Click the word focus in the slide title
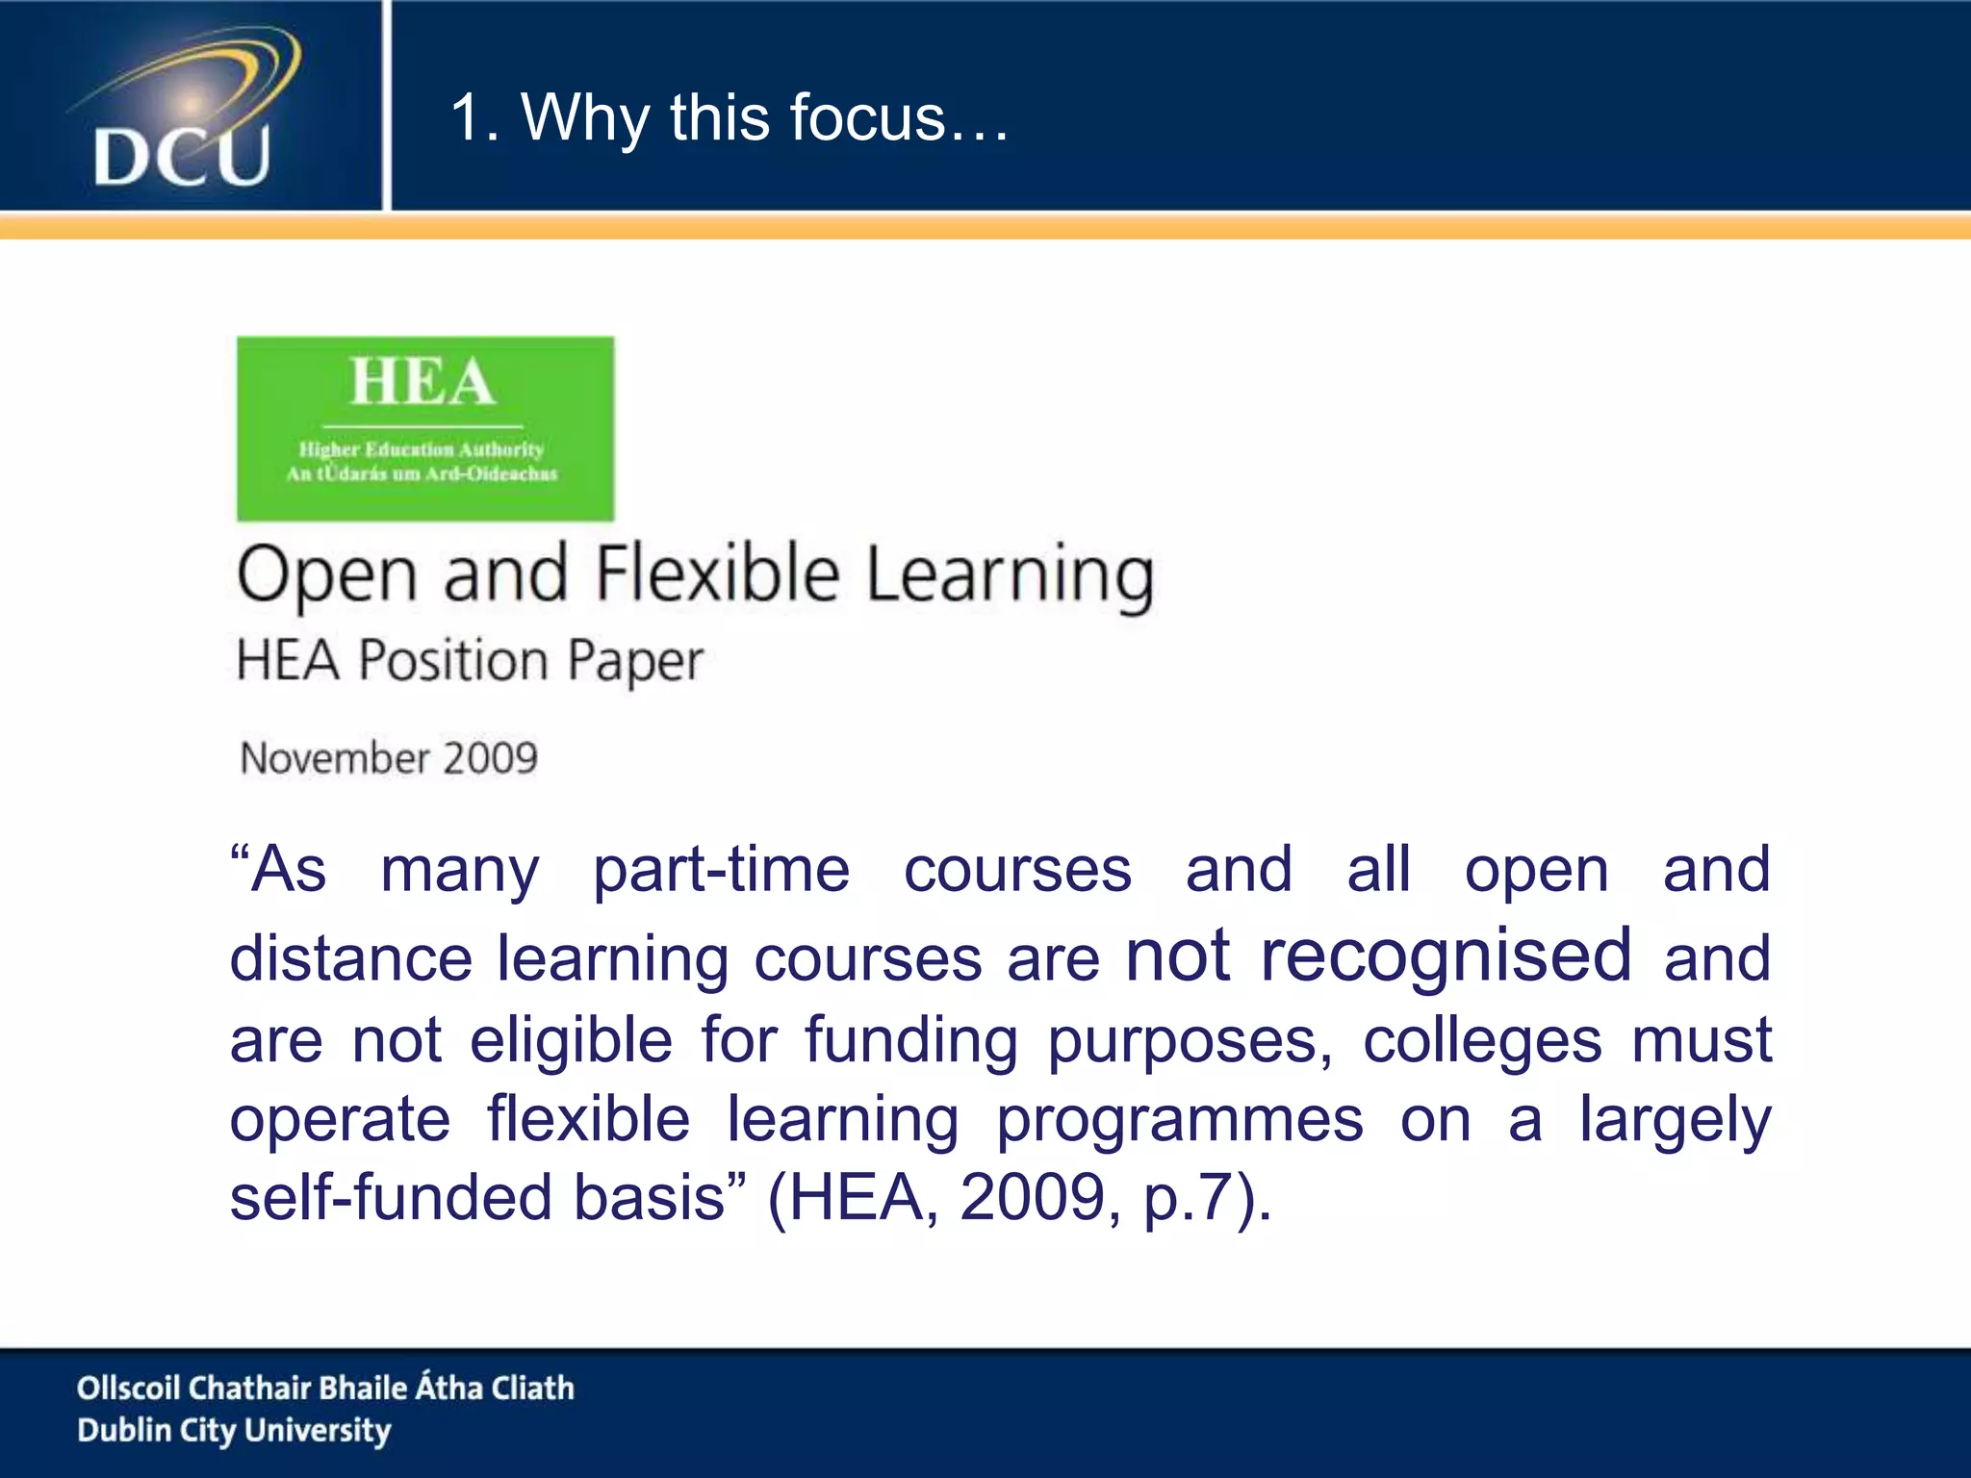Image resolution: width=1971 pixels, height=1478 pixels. (x=867, y=117)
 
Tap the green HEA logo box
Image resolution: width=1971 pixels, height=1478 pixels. (x=425, y=428)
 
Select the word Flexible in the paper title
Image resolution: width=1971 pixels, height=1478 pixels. (x=717, y=574)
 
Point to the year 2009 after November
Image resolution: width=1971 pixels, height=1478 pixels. (x=492, y=758)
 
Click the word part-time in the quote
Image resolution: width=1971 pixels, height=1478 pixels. (x=721, y=871)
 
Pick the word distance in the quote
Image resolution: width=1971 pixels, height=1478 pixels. (x=350, y=959)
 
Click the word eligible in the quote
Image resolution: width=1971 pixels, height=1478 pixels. (x=571, y=1041)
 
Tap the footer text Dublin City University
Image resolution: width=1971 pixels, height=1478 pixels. (x=234, y=1431)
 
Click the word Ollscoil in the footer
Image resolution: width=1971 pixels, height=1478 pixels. (x=128, y=1388)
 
